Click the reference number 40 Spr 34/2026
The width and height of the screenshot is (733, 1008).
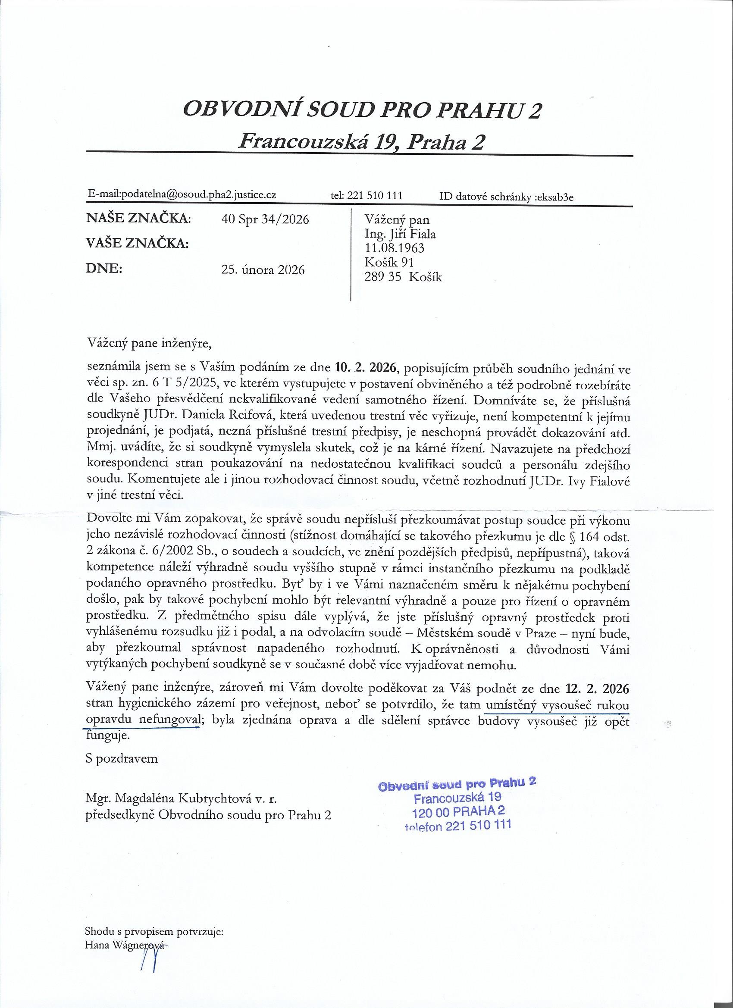pos(265,219)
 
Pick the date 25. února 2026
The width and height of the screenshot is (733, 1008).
pos(263,270)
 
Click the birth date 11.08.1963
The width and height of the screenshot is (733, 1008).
pos(394,247)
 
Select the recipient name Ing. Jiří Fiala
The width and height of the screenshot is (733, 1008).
pos(400,233)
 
